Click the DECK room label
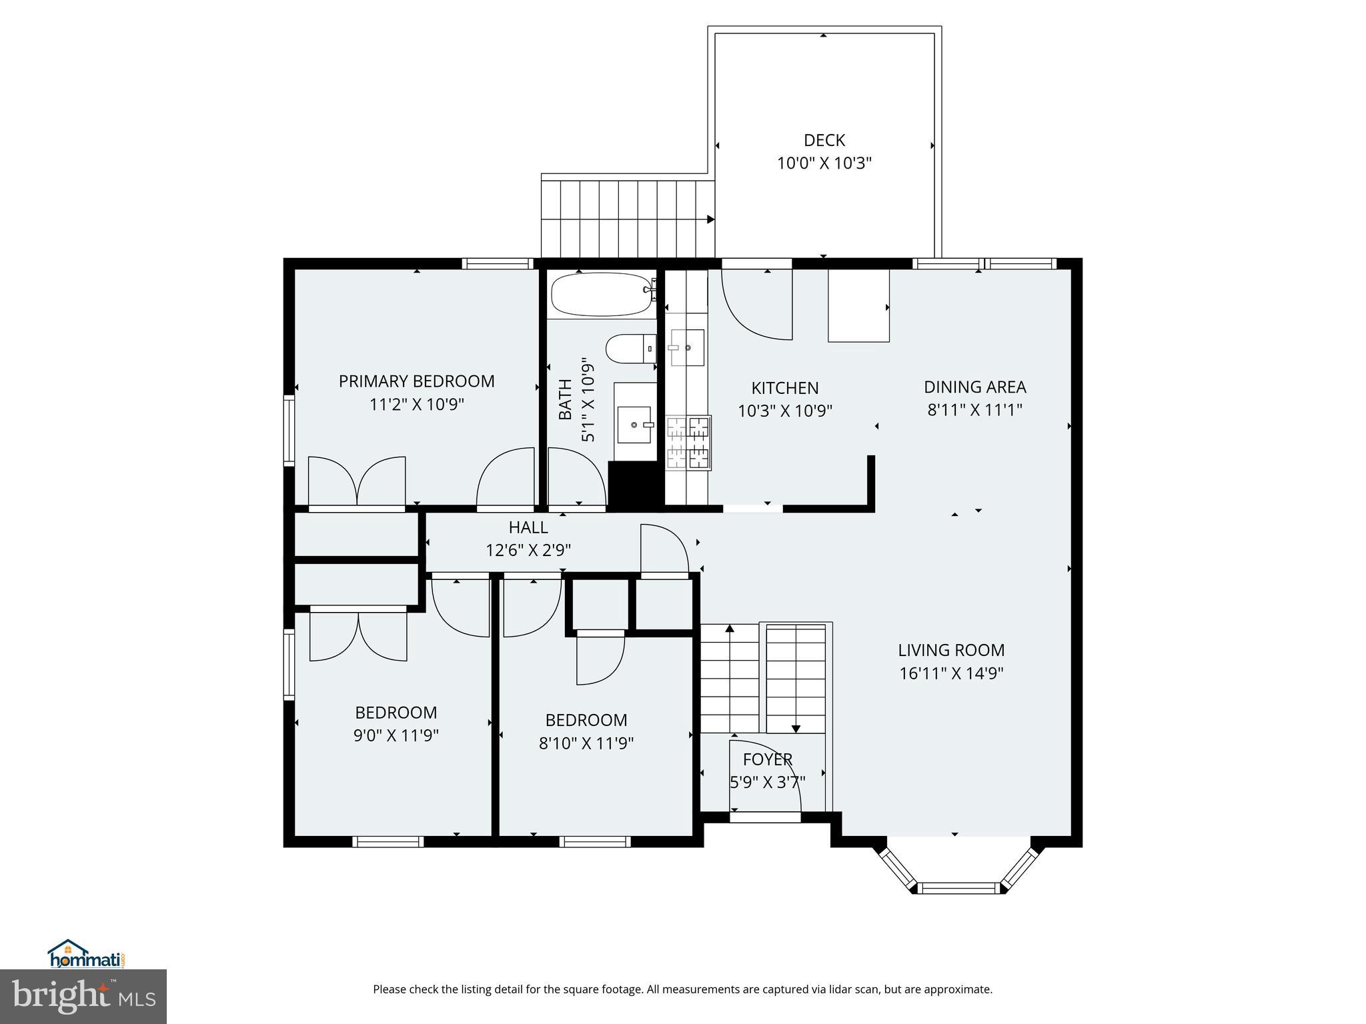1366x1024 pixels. point(824,140)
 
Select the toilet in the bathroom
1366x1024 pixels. point(631,349)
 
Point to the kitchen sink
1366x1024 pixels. point(686,347)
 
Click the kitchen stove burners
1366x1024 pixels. point(688,443)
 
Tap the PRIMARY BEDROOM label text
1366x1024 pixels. point(417,381)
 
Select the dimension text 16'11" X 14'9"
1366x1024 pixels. point(951,673)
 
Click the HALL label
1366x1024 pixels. point(528,527)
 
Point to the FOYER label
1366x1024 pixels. point(768,759)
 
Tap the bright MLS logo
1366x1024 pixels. point(83,997)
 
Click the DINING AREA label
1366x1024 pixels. point(974,387)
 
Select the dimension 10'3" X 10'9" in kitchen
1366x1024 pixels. point(785,411)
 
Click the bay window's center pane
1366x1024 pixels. point(958,887)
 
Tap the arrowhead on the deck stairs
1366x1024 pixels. point(710,219)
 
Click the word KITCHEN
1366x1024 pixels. point(785,388)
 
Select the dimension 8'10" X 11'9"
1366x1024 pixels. point(586,743)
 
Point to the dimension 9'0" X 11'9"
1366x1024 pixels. point(396,735)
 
